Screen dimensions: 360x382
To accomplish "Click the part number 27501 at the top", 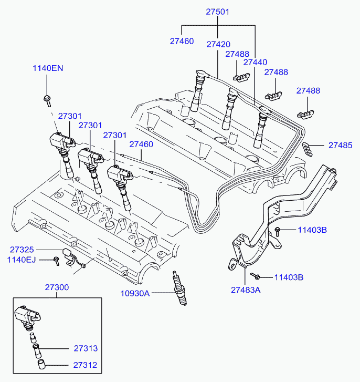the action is point(217,12).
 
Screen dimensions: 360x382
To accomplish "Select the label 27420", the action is point(218,44).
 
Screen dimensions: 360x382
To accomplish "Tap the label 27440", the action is point(255,63).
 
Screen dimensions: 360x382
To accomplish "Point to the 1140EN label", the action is point(48,68).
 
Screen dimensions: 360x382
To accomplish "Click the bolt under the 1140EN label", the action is point(47,100).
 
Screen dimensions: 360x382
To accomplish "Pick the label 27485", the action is point(340,145).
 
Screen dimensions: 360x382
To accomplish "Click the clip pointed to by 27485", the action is point(307,149).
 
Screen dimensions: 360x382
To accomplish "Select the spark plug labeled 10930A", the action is point(179,288).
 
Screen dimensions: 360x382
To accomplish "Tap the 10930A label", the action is point(135,293).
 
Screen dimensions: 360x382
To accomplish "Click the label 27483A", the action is point(246,290).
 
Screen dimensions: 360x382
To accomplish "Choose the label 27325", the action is point(22,250).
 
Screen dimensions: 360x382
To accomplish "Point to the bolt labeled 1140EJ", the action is point(57,261).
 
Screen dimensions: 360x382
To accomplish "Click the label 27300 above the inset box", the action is point(57,287).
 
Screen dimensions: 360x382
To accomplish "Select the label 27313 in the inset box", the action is point(86,348).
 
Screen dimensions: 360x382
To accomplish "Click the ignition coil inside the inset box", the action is point(27,317).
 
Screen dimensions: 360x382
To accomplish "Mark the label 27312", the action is point(85,365).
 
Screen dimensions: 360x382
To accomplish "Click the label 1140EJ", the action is point(22,260).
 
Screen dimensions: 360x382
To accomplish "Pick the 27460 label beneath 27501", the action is point(182,41).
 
